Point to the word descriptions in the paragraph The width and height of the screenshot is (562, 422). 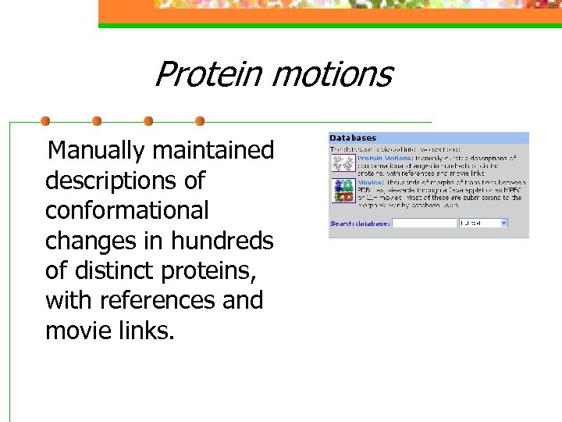coord(113,181)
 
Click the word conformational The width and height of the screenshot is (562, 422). coord(127,210)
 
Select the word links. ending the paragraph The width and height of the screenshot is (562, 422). coord(145,331)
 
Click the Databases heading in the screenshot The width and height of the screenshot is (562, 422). coord(352,138)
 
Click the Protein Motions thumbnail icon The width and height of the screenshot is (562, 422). coord(342,163)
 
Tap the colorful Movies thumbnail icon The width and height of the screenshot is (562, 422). coord(342,191)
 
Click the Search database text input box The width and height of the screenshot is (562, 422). coord(424,224)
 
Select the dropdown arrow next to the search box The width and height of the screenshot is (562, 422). coord(503,224)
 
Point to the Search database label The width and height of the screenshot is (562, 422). coord(360,224)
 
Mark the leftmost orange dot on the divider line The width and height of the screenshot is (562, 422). coord(45,121)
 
